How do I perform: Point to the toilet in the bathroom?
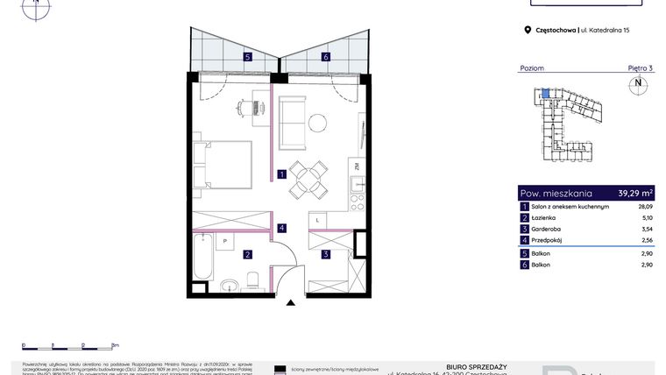point(252,279)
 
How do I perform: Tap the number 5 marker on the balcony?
point(248,58)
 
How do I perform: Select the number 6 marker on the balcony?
point(325,58)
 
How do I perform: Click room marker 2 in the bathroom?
point(249,255)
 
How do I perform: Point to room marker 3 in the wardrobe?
point(325,255)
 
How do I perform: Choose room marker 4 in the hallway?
point(281,229)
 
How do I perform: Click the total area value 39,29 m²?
point(635,193)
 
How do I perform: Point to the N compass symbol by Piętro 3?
point(637,84)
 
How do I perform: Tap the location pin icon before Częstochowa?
point(528,30)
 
